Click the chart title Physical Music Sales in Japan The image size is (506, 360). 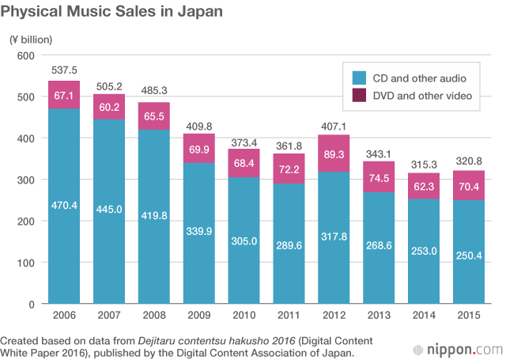tap(111, 13)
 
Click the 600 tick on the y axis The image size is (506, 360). tap(26, 55)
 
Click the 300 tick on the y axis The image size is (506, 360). tap(26, 180)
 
